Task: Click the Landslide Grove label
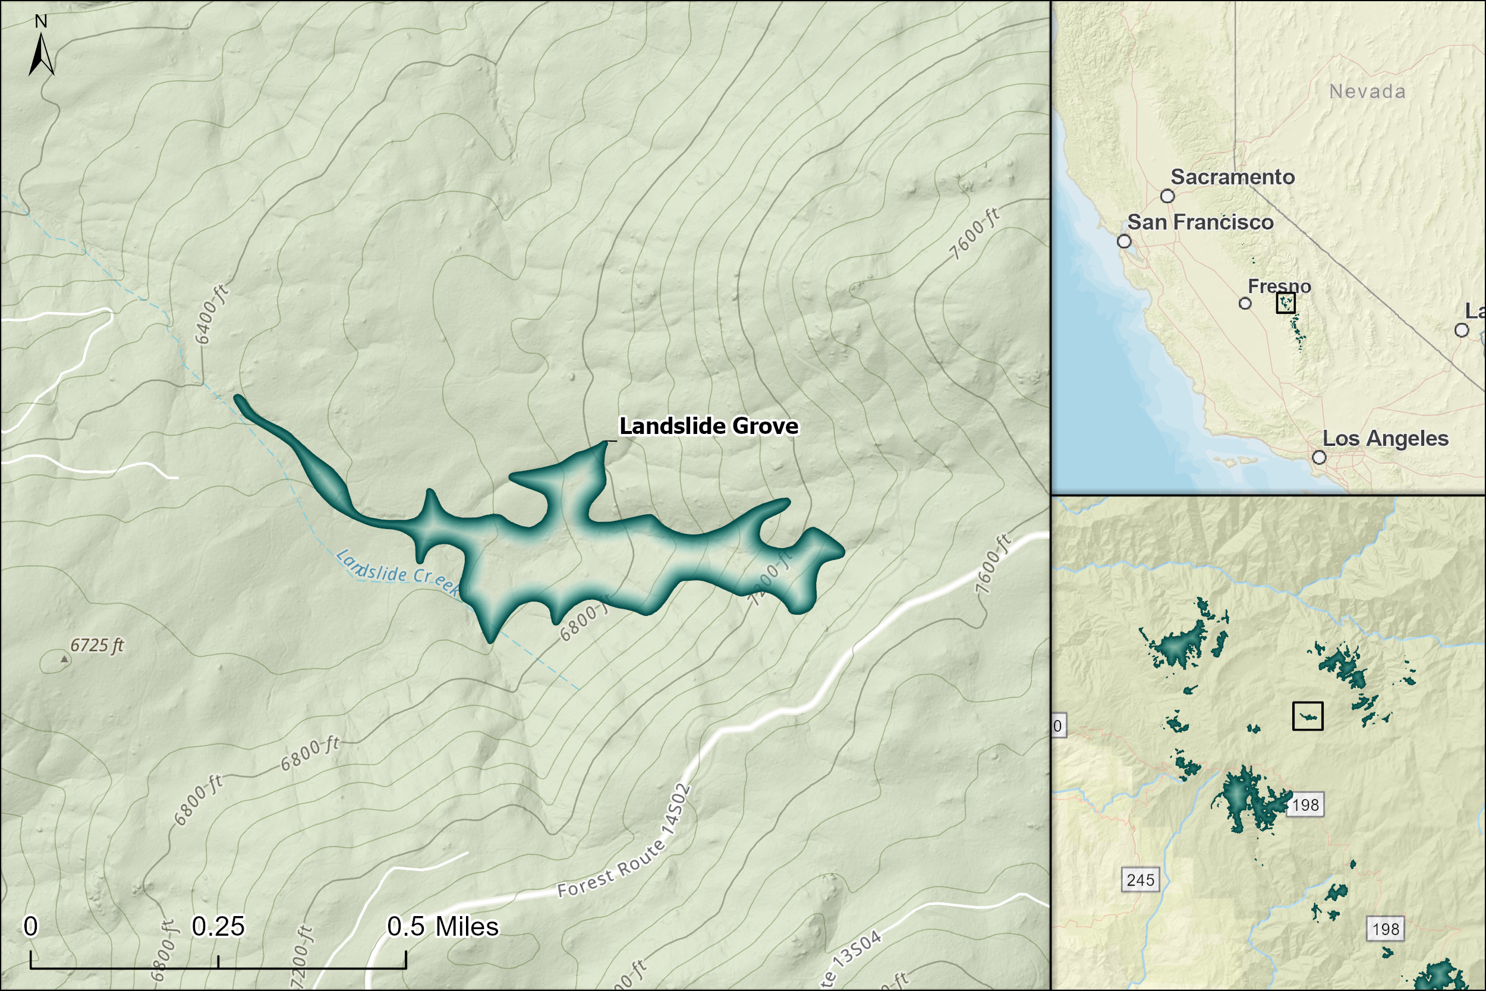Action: coord(709,426)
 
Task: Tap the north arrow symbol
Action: coord(41,54)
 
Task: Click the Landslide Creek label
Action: coord(398,572)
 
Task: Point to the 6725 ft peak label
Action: coord(97,645)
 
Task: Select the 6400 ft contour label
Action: coord(211,314)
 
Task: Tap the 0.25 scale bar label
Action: coord(218,927)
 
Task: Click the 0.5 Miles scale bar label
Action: coord(442,927)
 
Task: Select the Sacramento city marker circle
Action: coord(1167,196)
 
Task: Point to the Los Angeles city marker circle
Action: coord(1319,457)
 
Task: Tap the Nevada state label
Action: coord(1367,92)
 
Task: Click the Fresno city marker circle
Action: coord(1245,303)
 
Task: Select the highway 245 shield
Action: coord(1141,880)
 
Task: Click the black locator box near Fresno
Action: coord(1286,303)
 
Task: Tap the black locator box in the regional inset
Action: coord(1308,716)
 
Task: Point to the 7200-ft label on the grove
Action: coord(770,578)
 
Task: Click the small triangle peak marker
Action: coord(64,659)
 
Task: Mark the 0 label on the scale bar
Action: coord(30,927)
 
